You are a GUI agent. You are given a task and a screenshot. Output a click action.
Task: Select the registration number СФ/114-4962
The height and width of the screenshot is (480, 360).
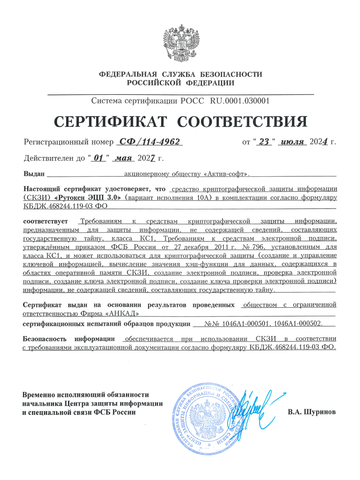click(149, 142)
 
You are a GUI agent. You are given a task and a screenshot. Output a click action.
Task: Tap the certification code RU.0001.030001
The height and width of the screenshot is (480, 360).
click(240, 101)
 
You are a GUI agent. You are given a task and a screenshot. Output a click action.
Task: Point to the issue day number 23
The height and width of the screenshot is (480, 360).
click(264, 142)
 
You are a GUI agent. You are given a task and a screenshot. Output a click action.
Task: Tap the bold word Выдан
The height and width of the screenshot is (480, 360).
click(33, 173)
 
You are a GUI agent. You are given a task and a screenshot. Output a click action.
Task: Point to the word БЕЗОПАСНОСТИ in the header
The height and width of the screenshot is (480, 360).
click(231, 74)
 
